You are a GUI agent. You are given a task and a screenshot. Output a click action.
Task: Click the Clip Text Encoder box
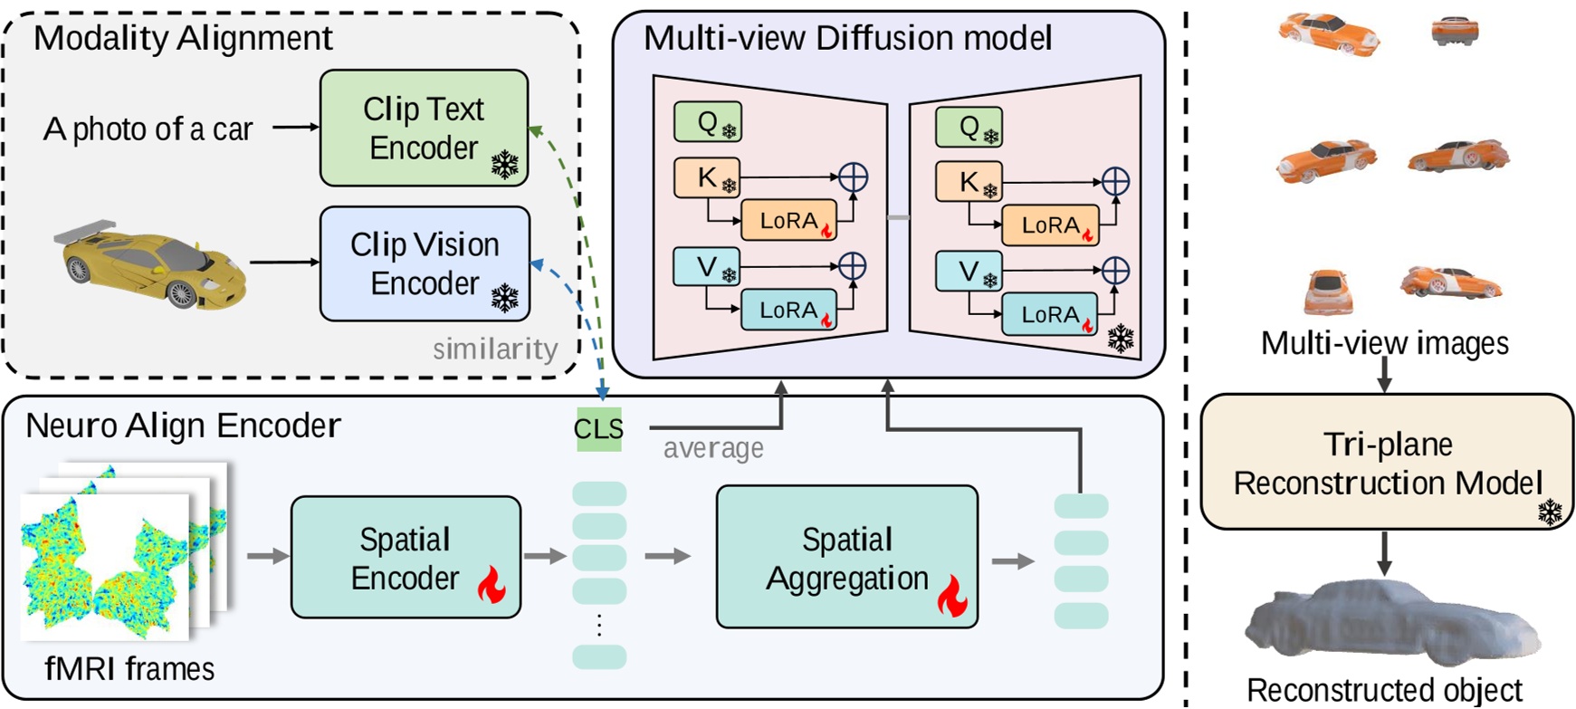(x=424, y=128)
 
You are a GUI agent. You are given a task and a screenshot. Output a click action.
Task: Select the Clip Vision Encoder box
(x=425, y=263)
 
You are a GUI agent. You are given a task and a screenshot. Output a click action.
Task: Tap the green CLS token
(x=598, y=428)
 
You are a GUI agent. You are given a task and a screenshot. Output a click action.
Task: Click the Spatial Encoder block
(x=406, y=558)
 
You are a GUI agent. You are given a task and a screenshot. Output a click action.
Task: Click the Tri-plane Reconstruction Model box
(x=1387, y=462)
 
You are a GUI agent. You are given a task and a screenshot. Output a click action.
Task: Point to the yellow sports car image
(x=152, y=263)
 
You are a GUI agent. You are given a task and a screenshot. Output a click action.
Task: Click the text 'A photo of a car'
(x=148, y=129)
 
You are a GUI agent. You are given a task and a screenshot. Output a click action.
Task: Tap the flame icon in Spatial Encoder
(x=492, y=585)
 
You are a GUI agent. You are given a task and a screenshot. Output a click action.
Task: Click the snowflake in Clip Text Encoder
(x=504, y=165)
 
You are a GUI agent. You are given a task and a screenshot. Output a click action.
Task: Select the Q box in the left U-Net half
(x=708, y=122)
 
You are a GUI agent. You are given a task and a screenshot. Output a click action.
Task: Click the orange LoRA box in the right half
(x=1050, y=225)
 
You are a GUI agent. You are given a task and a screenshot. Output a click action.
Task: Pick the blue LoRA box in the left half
(x=788, y=311)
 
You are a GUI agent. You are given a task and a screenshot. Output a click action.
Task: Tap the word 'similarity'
(x=494, y=349)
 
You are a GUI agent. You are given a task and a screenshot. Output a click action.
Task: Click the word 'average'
(x=712, y=448)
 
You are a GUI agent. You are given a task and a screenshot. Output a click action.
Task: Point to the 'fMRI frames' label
(x=129, y=669)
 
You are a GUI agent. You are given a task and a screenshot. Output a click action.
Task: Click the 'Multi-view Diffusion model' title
(x=847, y=38)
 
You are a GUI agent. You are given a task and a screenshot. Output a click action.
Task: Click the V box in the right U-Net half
(x=969, y=271)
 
